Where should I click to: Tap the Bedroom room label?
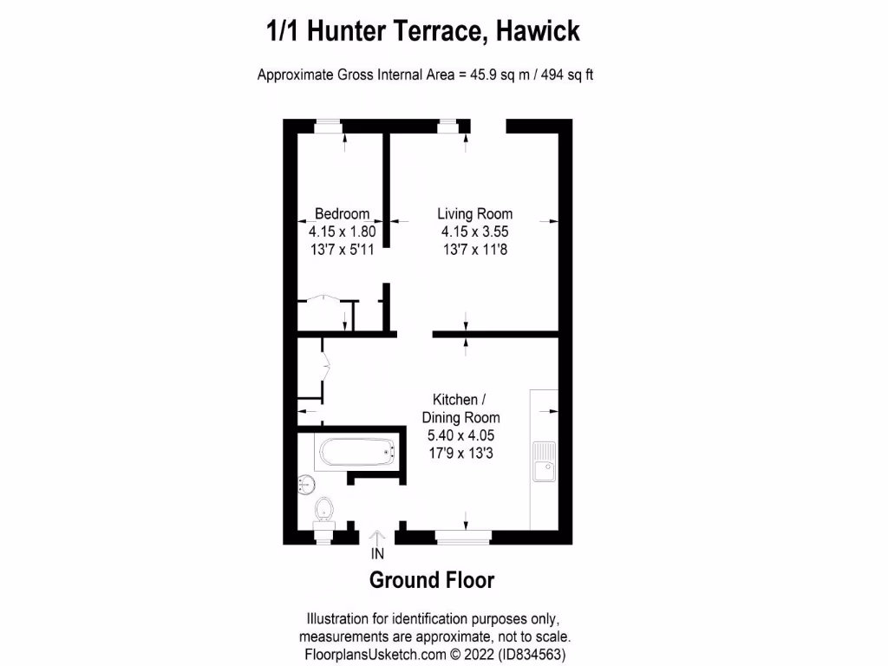coord(342,213)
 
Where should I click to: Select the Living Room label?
coord(474,213)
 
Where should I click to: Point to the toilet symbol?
coord(324,508)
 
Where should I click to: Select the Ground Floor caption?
coord(432,580)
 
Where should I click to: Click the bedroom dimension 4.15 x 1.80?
coord(342,232)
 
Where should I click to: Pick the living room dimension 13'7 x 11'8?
coord(474,250)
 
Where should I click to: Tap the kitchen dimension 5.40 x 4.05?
coord(467,435)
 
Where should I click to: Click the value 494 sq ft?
coord(567,75)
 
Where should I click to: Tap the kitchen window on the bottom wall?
coord(463,538)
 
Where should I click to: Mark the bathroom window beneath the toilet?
coord(323,538)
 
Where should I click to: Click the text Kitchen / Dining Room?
coord(467,408)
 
